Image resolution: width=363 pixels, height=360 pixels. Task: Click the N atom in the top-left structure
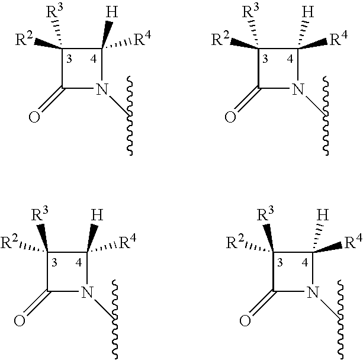tap(102, 89)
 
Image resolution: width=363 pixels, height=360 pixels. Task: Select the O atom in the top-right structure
tap(230, 117)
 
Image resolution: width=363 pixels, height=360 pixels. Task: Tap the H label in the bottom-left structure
tap(97, 215)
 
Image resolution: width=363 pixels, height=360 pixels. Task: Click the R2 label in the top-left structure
tap(24, 38)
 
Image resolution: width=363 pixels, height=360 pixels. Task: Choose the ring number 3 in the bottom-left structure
tap(54, 263)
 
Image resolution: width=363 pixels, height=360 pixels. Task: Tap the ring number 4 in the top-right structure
tap(290, 59)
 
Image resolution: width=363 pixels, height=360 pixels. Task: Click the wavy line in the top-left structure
tap(130, 115)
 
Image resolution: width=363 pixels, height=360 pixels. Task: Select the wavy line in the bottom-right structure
tap(340, 320)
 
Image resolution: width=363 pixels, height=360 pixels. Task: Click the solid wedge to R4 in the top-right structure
tap(313, 45)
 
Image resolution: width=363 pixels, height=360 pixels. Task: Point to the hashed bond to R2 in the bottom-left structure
tap(34, 247)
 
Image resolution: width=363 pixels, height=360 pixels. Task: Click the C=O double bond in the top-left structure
tap(50, 99)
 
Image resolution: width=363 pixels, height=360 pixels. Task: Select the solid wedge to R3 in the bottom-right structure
tap(269, 238)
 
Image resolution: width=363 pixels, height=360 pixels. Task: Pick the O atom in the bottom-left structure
tap(20, 321)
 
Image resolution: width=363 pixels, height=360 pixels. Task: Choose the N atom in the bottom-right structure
tap(313, 292)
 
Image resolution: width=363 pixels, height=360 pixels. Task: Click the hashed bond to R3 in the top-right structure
tap(253, 34)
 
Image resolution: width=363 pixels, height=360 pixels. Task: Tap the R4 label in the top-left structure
tap(143, 38)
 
